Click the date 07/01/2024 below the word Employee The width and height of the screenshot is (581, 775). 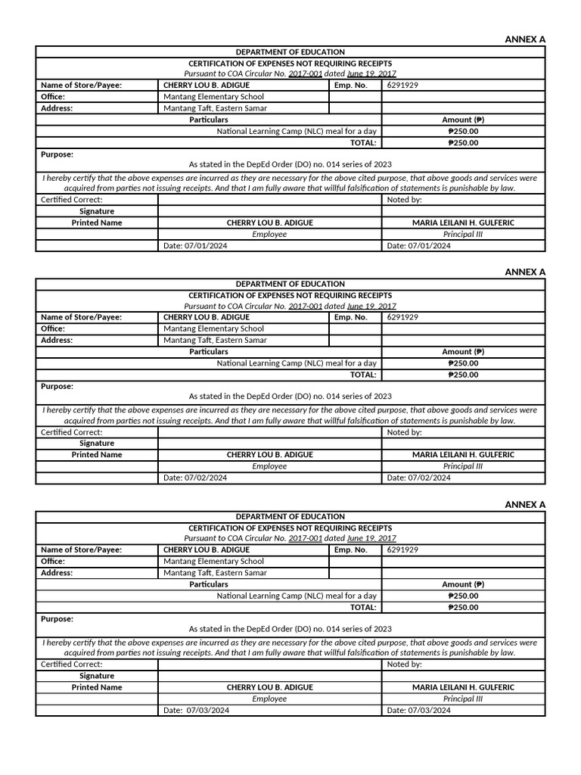(195, 246)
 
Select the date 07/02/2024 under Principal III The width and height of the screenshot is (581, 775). (419, 478)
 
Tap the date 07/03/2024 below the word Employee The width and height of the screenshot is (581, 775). (197, 711)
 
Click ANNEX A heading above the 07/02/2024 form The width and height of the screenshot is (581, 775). (524, 272)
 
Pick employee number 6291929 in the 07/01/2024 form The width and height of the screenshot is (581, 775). (402, 86)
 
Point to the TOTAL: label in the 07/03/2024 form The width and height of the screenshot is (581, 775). (362, 607)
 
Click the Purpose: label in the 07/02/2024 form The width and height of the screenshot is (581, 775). (57, 386)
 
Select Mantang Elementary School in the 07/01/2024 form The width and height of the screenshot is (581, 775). (214, 97)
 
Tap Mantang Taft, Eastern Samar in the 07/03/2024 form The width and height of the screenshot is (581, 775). (216, 573)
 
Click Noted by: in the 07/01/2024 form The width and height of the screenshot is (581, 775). (404, 200)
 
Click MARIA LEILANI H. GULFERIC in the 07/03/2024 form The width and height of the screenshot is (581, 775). (463, 687)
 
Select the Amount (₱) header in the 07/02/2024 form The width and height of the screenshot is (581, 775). (463, 352)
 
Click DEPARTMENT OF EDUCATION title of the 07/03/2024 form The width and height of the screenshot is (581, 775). (290, 516)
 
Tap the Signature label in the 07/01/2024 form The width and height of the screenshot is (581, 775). (97, 211)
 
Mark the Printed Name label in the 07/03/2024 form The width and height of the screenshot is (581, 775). (97, 687)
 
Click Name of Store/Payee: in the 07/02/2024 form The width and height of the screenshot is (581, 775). (81, 317)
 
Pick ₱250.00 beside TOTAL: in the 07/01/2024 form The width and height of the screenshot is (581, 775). (463, 142)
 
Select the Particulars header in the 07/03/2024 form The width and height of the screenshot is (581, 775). (209, 584)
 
